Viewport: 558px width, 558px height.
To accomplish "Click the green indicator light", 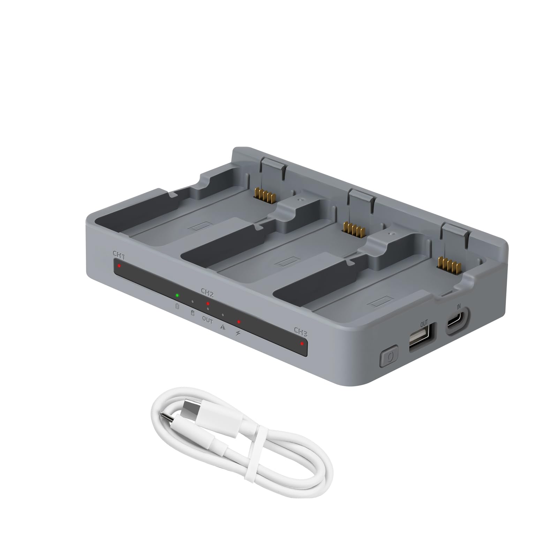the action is (x=177, y=295).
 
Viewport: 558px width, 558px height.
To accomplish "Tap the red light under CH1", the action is (x=119, y=266).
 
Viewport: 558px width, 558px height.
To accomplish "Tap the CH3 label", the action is (x=301, y=331).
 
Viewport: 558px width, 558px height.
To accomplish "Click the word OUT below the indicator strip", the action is (x=208, y=320).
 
